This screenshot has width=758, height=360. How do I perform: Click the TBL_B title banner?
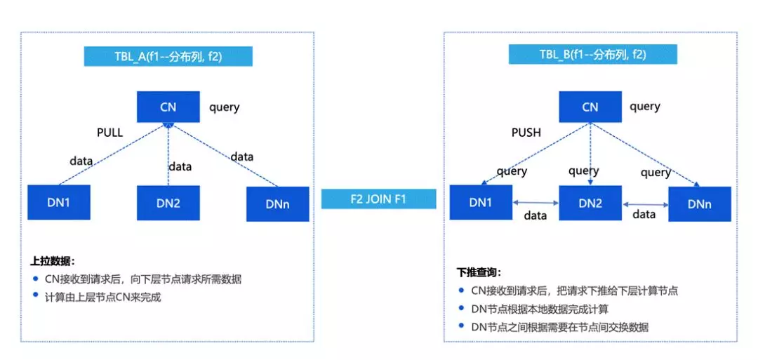592,54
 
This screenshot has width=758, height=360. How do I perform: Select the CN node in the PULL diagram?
168,107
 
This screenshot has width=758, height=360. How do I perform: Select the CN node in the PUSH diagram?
590,107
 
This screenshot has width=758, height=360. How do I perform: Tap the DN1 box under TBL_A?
59,202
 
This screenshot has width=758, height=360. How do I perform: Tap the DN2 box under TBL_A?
168,204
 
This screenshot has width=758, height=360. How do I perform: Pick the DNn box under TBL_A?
278,204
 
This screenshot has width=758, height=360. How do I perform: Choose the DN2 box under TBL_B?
590,203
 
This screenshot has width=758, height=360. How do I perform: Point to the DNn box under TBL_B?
700,204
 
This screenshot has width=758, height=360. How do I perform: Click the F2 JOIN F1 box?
379,199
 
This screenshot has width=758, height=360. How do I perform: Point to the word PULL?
109,132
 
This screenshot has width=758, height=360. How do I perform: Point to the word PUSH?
526,132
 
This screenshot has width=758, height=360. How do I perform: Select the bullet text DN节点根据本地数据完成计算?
540,309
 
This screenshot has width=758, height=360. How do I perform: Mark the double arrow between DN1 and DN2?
536,204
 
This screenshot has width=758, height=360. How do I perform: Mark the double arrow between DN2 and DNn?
644,205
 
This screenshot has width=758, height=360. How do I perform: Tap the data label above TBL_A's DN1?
81,161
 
